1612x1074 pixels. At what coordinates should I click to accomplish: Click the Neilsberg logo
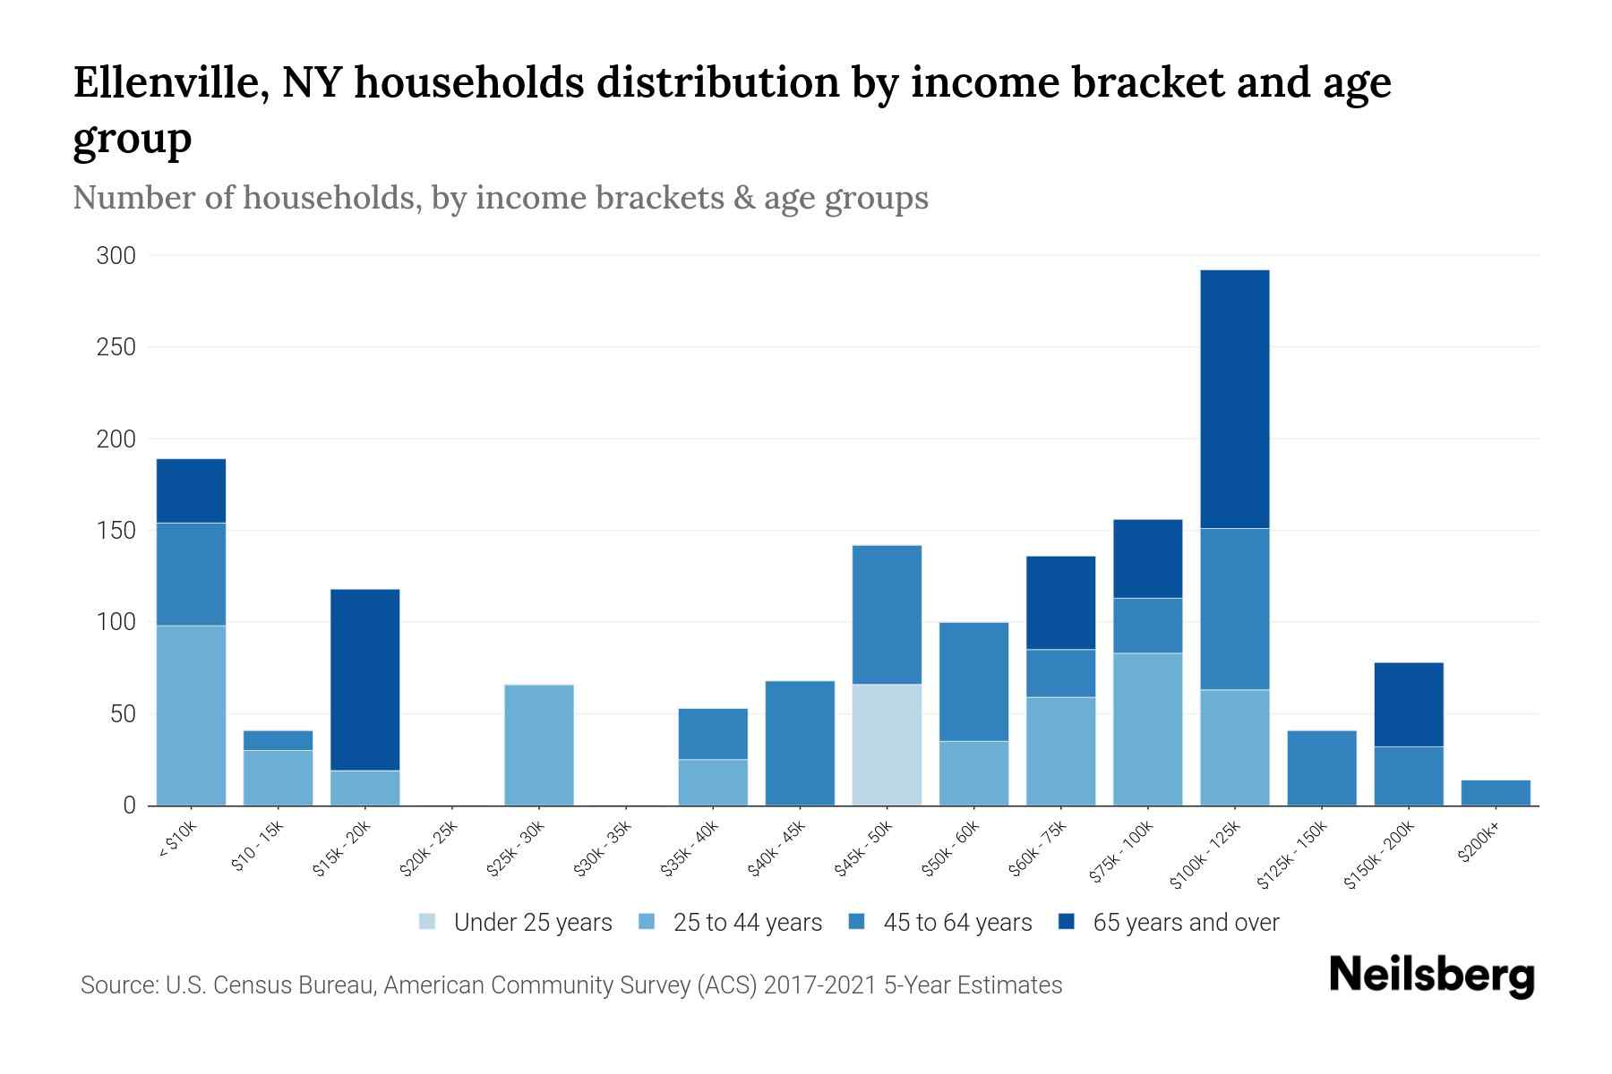pos(1431,976)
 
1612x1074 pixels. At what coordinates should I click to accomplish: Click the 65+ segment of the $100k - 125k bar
pos(1234,398)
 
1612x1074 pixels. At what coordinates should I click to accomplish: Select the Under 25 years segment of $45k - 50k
pos(887,745)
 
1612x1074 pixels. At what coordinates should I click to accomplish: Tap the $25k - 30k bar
pos(539,745)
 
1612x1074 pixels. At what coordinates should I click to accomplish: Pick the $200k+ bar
pos(1496,793)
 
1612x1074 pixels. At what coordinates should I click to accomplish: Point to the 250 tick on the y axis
pos(116,347)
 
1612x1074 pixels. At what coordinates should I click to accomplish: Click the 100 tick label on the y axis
pos(116,622)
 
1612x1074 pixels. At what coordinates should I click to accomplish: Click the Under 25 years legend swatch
pos(427,922)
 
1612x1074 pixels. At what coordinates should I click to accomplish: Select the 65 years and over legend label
pos(1186,923)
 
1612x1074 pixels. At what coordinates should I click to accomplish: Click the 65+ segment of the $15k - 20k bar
pos(364,679)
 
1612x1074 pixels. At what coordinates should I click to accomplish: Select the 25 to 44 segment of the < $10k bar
pos(191,715)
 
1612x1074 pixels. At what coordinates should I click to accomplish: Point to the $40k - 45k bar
pos(800,743)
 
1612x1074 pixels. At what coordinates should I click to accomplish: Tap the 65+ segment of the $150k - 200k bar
pos(1409,704)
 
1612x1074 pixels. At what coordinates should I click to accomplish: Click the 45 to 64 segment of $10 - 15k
pos(278,740)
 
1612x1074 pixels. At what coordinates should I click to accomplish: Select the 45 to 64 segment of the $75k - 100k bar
pos(1147,626)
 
